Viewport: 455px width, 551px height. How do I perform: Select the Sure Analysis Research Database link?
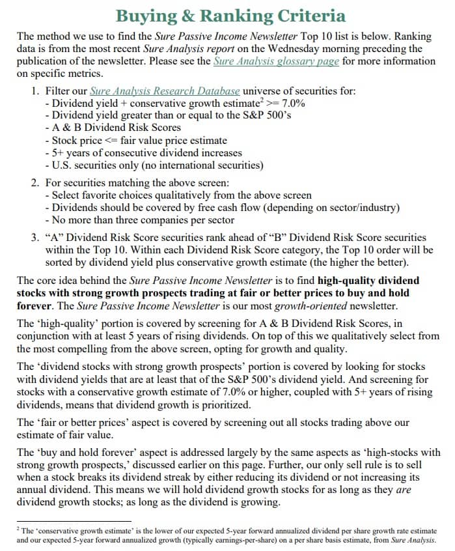click(x=165, y=91)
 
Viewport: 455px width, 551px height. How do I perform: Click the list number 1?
click(x=35, y=91)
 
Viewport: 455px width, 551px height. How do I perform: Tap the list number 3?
click(x=35, y=238)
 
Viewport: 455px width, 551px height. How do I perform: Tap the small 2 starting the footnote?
click(x=18, y=529)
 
